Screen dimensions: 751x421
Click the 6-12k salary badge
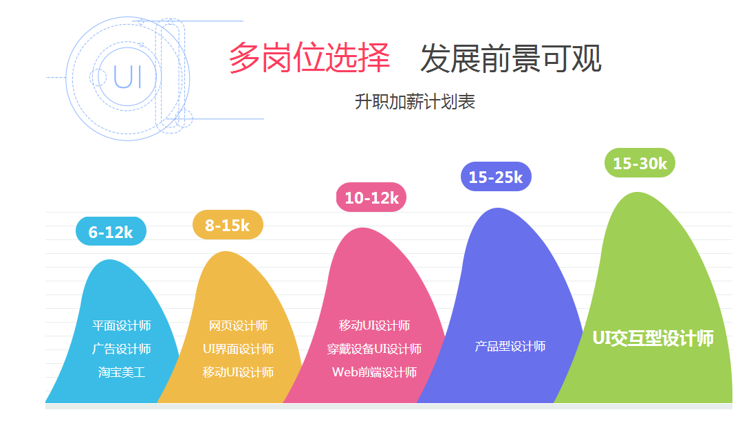point(111,231)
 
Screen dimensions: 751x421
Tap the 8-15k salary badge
point(228,225)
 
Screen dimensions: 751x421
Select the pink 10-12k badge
point(371,197)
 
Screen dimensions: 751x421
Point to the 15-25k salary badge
point(497,177)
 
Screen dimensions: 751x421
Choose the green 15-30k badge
point(640,163)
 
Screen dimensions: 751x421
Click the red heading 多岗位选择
point(309,58)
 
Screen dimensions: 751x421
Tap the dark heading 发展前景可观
point(510,58)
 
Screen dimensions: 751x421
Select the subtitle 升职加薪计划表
point(415,102)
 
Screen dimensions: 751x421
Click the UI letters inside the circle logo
point(127,76)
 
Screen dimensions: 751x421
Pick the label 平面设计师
point(122,325)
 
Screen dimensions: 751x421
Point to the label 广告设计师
point(122,349)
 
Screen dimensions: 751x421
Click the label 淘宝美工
point(122,372)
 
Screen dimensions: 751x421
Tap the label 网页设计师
point(238,325)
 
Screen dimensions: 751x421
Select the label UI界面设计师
point(238,349)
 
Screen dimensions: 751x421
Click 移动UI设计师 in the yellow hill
point(238,372)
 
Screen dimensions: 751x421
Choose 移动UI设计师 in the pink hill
point(374,325)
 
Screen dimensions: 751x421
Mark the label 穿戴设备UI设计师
point(374,349)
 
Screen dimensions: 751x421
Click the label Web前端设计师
point(374,372)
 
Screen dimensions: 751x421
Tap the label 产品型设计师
point(510,346)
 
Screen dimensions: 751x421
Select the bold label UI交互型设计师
point(653,338)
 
